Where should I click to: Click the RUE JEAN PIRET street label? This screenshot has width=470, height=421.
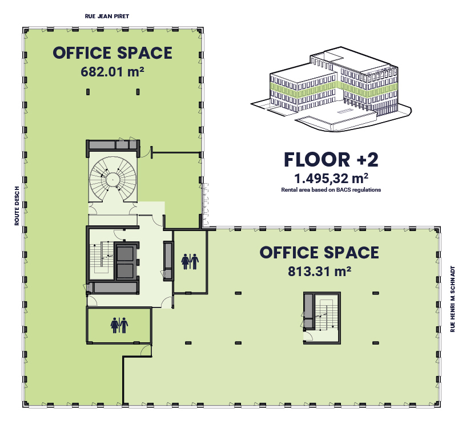click(x=107, y=17)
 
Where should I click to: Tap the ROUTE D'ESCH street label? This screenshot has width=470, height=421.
click(x=17, y=206)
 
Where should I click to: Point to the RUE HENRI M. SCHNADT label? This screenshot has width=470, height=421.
click(x=453, y=299)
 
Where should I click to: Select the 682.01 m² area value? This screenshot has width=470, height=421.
click(x=113, y=72)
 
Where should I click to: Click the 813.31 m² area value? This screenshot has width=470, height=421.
click(x=320, y=272)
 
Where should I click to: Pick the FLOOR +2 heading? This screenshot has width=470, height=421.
click(x=331, y=160)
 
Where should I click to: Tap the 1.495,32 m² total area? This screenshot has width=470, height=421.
click(x=331, y=179)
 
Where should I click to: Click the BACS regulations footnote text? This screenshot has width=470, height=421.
click(x=331, y=190)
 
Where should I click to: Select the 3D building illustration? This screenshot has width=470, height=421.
click(x=331, y=89)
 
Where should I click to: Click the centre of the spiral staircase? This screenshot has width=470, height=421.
click(x=113, y=180)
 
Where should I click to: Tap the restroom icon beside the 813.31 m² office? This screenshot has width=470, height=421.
click(x=190, y=262)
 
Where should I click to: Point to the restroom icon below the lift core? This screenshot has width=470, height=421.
click(x=119, y=326)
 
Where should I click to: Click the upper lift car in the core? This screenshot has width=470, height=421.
click(x=125, y=254)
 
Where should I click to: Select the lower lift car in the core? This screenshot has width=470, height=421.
click(x=125, y=272)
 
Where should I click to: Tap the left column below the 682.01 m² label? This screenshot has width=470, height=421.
click(x=88, y=92)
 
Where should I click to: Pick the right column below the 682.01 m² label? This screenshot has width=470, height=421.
click(x=138, y=92)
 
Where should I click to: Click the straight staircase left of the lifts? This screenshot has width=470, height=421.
click(x=101, y=257)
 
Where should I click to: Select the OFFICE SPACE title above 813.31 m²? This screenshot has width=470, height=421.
click(x=319, y=252)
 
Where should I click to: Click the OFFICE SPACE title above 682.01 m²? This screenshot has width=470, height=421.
click(x=113, y=53)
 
